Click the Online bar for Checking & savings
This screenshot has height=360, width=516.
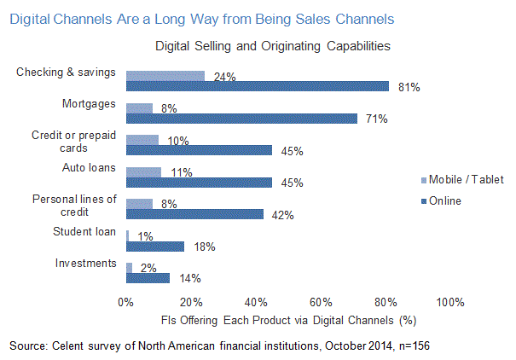point(257,86)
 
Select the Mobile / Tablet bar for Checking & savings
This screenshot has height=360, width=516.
point(165,77)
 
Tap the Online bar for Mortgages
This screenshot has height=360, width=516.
point(241,119)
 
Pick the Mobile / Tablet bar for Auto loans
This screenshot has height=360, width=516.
point(143,172)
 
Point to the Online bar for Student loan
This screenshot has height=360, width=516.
point(155,246)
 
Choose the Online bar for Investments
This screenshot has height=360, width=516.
point(148,277)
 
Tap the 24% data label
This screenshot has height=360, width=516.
point(223,77)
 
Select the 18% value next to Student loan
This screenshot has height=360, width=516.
point(203,247)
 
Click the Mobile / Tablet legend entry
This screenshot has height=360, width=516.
point(466,179)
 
